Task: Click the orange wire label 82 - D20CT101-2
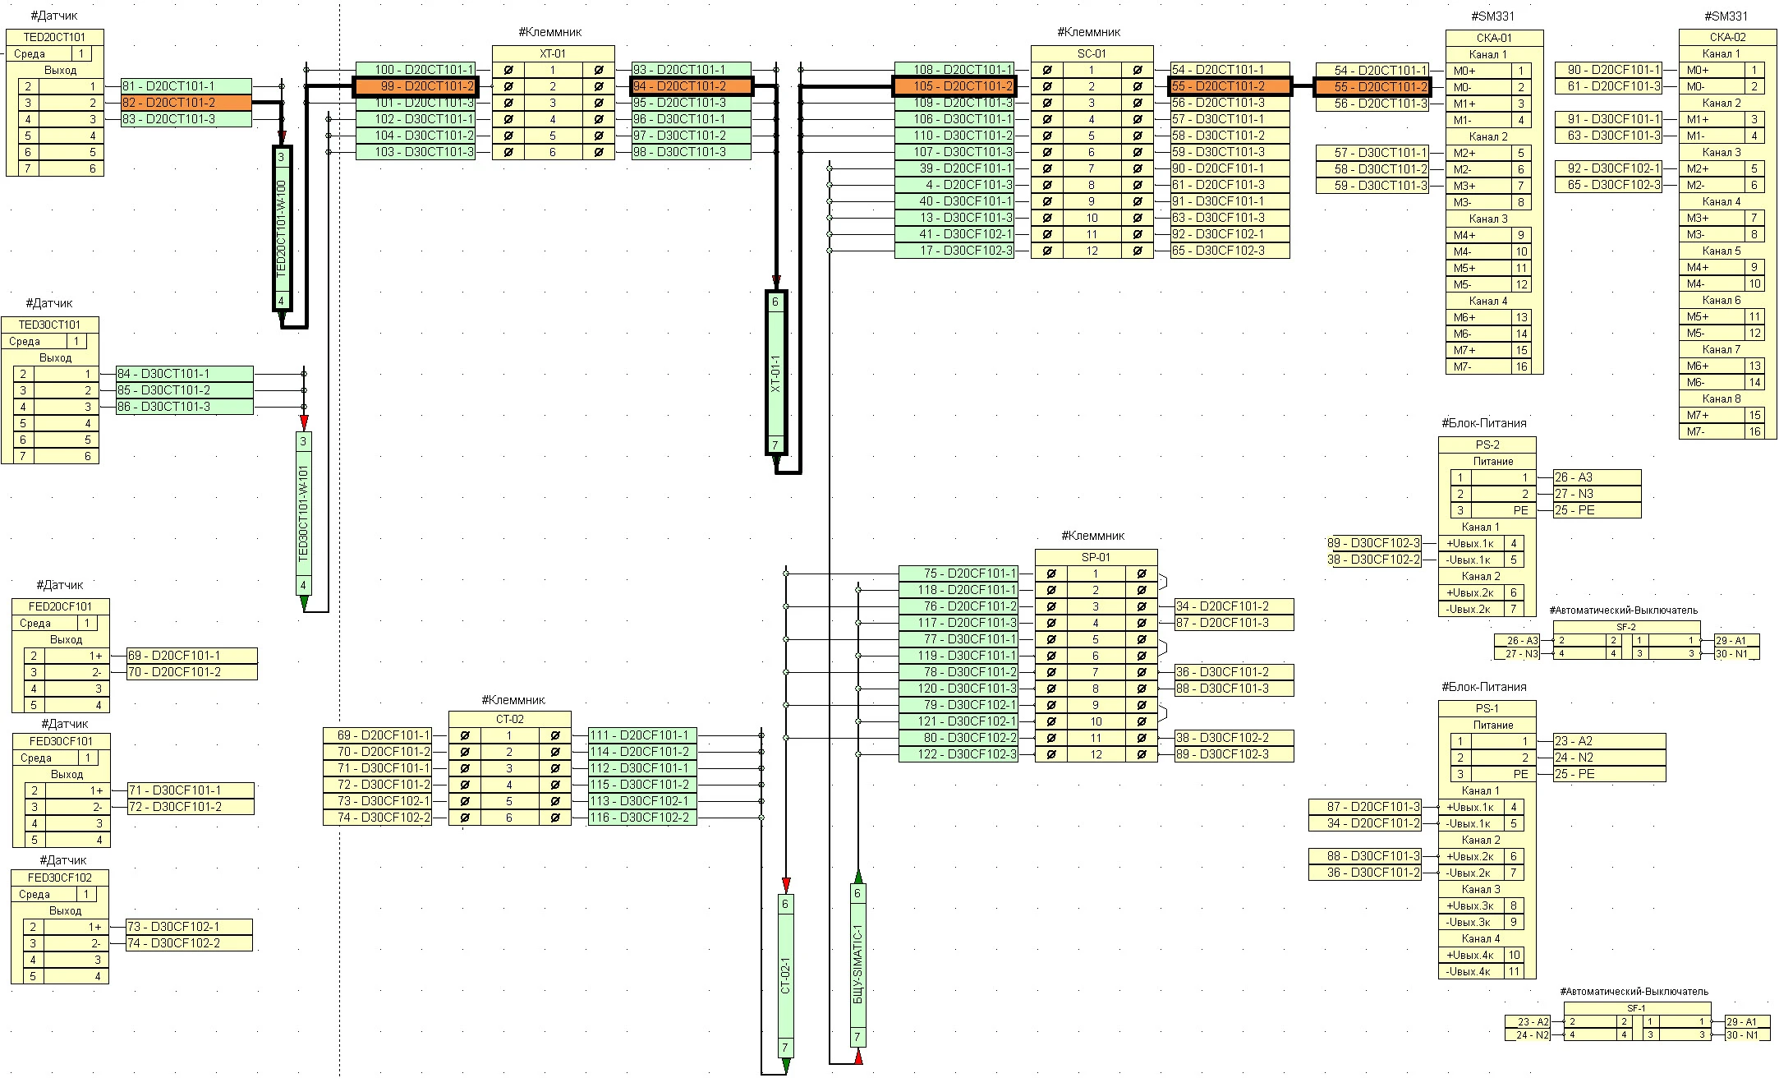(186, 103)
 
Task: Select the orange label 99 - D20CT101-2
(415, 86)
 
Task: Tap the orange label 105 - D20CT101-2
(954, 86)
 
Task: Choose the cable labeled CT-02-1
(785, 975)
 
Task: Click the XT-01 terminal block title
(553, 53)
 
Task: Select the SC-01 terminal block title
(1092, 53)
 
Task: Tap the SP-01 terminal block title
(1096, 557)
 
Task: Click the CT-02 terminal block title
(509, 719)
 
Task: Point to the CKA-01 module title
(1494, 38)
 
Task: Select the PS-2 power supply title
(1487, 445)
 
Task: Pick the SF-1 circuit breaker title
(1635, 1008)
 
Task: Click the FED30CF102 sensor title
(60, 878)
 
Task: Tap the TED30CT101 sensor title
(50, 325)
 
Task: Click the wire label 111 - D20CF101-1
(642, 735)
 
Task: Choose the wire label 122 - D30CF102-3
(958, 754)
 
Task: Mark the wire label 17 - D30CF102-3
(954, 251)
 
